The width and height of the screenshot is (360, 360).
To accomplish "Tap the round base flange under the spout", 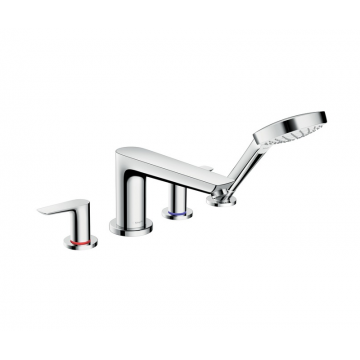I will click(x=134, y=225).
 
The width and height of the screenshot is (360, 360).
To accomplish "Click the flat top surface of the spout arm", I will click(x=170, y=163).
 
